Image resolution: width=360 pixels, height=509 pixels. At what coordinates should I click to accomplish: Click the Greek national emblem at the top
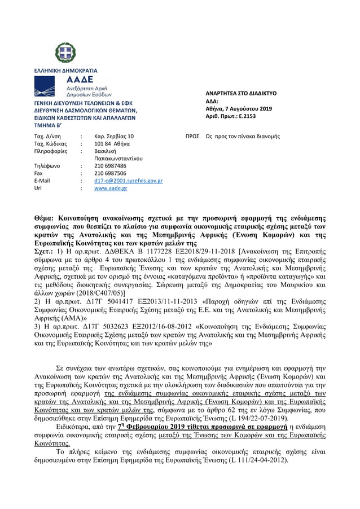(x=65, y=53)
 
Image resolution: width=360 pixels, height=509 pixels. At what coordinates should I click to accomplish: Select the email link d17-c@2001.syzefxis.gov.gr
(x=128, y=181)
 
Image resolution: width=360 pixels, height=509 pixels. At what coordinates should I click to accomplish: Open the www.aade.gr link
(x=110, y=188)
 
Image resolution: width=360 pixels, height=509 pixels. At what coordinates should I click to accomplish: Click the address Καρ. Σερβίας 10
(x=114, y=137)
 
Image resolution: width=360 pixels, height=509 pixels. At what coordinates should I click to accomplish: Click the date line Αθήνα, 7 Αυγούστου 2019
(x=238, y=108)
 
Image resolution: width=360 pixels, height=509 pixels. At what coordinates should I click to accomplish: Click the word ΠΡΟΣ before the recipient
(x=192, y=137)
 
